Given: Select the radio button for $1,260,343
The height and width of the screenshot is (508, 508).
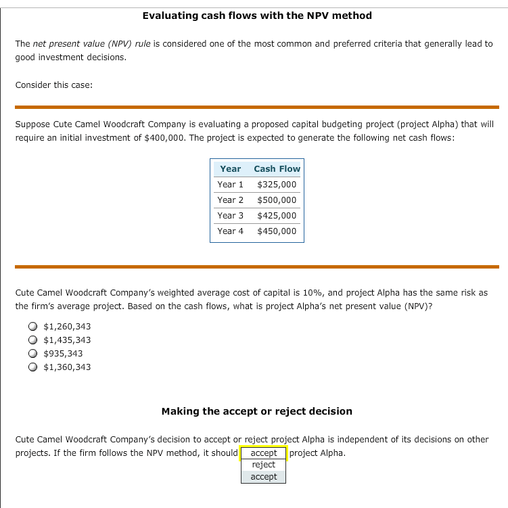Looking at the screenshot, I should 32,327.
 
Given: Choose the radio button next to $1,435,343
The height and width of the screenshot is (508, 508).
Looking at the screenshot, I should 32,340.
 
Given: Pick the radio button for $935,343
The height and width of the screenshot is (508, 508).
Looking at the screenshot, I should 32,354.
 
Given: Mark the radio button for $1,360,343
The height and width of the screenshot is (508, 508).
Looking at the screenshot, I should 32,367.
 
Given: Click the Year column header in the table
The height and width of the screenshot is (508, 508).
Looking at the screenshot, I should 230,168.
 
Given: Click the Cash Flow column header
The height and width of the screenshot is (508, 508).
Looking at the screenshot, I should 277,168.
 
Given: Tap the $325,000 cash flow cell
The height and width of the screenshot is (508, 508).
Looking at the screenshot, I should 277,184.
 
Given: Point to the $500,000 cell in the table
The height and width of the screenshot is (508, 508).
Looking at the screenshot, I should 277,200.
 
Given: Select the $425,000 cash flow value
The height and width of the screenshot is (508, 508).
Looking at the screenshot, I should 277,215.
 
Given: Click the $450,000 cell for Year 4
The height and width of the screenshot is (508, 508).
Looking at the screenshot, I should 277,231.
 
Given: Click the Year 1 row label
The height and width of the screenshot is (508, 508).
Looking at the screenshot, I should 230,184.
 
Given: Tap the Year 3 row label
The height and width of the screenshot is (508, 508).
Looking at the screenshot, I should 230,215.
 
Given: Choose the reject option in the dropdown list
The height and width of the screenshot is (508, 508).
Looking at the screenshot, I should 263,465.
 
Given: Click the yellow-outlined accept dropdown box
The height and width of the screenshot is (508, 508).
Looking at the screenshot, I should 263,453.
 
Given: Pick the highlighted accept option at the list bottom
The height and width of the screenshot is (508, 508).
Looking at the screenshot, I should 263,477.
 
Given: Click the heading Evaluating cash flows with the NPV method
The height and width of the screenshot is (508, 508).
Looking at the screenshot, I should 257,16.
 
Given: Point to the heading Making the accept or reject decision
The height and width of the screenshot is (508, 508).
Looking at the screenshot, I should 256,411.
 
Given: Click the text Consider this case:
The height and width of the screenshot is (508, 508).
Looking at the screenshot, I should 54,85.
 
